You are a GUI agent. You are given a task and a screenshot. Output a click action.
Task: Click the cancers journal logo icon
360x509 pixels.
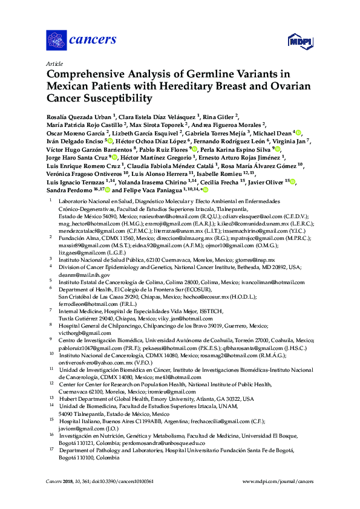(x=56, y=40)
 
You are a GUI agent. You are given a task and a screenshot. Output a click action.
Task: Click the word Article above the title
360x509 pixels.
(x=53, y=63)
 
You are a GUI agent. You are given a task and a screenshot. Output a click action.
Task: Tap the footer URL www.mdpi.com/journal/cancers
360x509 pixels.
(x=278, y=482)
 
